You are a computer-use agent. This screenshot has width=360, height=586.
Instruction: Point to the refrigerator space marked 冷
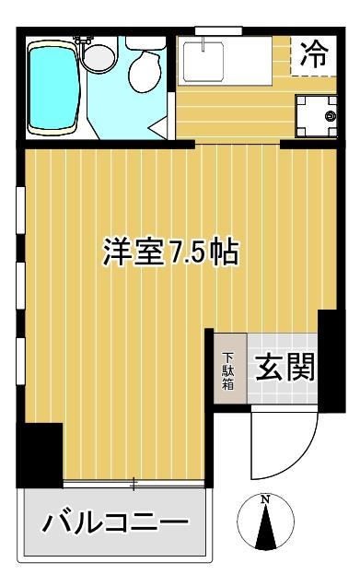point(314,54)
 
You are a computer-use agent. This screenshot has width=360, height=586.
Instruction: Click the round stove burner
point(331,115)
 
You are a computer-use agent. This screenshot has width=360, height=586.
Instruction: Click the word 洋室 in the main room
point(134,252)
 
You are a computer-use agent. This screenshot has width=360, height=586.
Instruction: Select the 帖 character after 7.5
point(226,252)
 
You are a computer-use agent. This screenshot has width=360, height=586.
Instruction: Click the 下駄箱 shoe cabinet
point(228,369)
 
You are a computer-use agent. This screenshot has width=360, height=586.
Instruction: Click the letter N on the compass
point(266,500)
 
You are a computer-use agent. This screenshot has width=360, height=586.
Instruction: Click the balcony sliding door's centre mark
point(134,482)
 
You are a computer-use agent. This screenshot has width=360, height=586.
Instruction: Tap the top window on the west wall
point(19,208)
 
